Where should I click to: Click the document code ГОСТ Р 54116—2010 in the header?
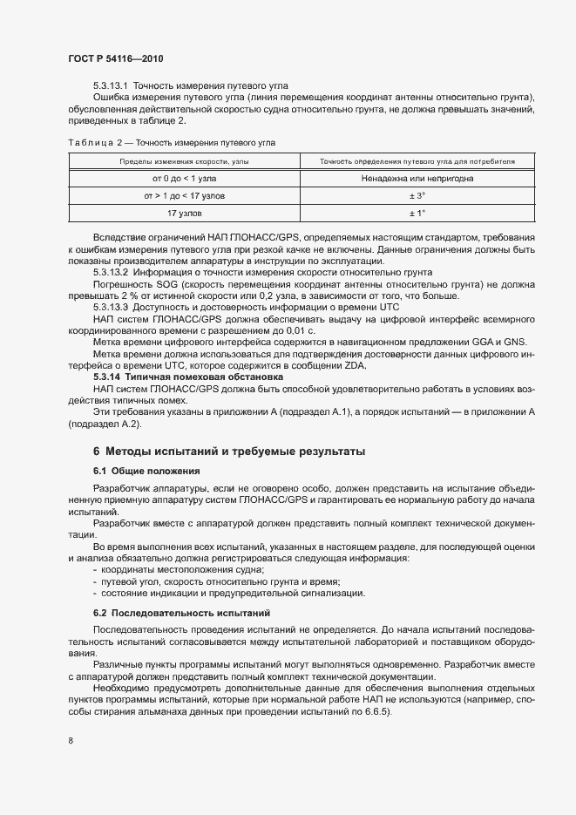pyautogui.click(x=115, y=58)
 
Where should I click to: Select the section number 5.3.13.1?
pyautogui.click(x=111, y=85)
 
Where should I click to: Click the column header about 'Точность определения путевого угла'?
pyautogui.click(x=417, y=161)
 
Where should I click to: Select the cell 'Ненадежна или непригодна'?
pyautogui.click(x=417, y=179)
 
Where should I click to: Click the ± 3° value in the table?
pyautogui.click(x=417, y=196)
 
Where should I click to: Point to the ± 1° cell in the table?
pyautogui.click(x=417, y=214)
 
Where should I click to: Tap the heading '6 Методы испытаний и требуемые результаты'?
pyautogui.click(x=229, y=452)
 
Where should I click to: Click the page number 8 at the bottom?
pyautogui.click(x=69, y=741)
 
